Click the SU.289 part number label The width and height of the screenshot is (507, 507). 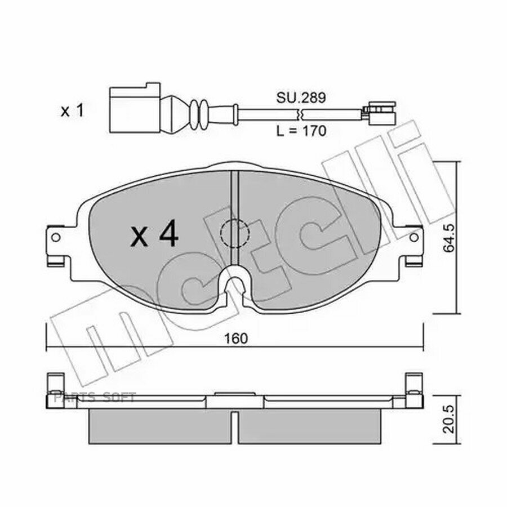301,97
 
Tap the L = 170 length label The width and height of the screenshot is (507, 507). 301,131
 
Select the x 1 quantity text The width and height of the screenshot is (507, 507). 73,111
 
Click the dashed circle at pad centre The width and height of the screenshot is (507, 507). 235,233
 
